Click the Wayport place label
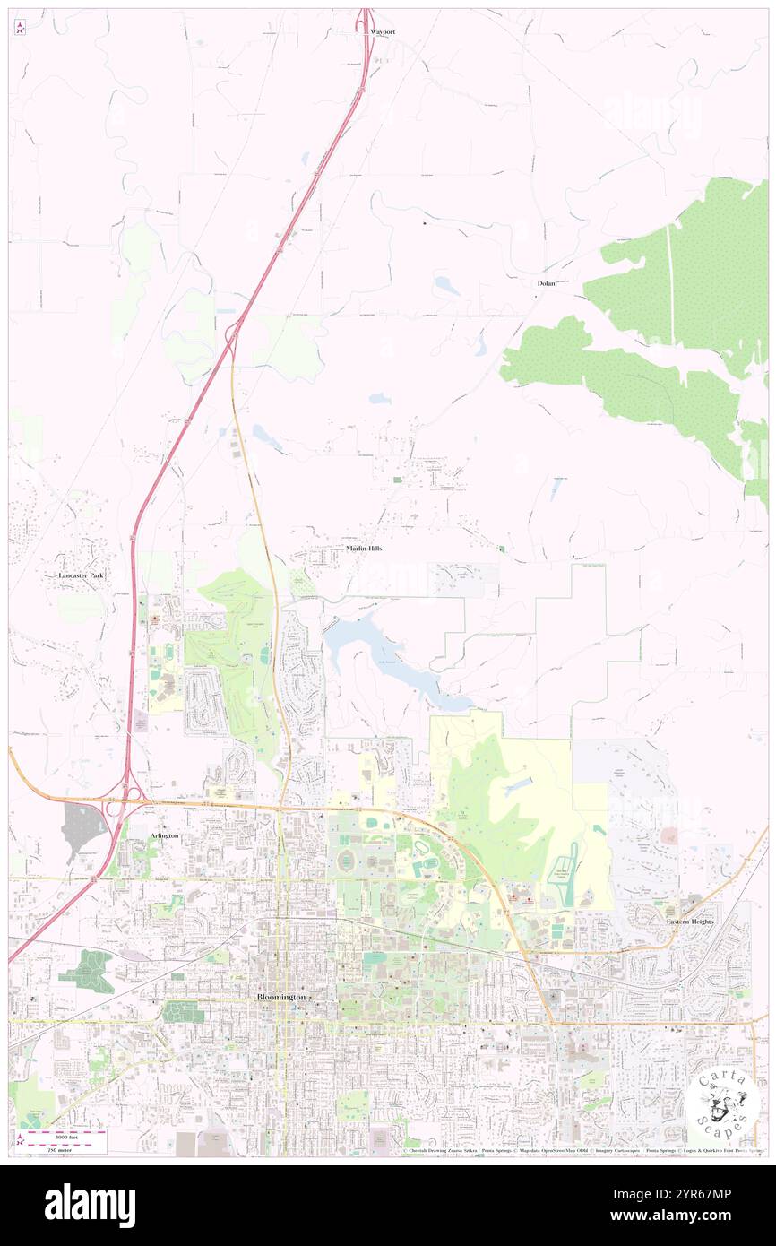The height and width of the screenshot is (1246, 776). tap(383, 31)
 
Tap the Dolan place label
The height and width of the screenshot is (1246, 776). tap(546, 283)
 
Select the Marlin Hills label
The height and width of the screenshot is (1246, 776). tap(364, 548)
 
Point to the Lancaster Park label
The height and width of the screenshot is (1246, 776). tap(81, 575)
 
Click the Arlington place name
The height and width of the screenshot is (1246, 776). tap(164, 835)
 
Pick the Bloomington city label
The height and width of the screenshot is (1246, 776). tap(281, 997)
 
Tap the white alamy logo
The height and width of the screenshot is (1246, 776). tap(90, 1206)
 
